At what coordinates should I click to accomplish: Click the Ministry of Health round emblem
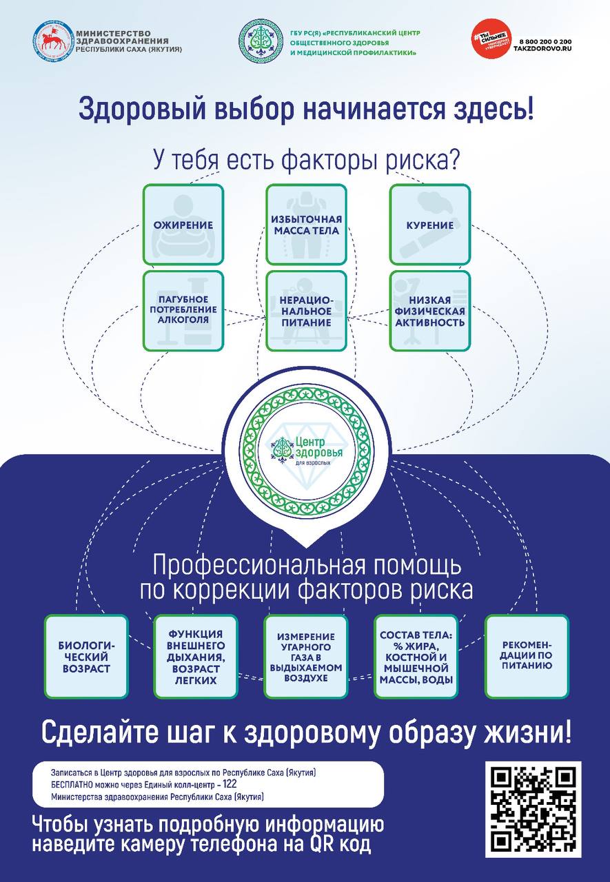point(53,41)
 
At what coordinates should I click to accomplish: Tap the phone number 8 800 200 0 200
point(543,42)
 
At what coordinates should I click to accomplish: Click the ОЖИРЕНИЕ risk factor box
point(183,225)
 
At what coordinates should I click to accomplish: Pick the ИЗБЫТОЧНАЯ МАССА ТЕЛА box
point(306,225)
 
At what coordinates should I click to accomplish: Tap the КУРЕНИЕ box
point(429,225)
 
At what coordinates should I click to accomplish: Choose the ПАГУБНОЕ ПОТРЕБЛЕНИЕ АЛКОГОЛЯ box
point(183,310)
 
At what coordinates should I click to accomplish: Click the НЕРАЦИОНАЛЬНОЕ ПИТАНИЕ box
point(306,310)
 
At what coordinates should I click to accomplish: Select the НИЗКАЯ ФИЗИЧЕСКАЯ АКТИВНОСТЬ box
point(429,310)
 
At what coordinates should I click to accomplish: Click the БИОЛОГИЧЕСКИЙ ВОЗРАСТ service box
point(86,656)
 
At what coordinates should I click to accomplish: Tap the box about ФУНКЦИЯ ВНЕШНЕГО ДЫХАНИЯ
point(196,656)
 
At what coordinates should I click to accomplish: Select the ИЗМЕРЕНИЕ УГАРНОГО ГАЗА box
point(306,656)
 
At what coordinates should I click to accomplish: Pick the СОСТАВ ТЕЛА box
point(416,656)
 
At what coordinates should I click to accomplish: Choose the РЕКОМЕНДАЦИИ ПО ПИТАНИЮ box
point(527,656)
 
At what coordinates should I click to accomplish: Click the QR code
point(533,808)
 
